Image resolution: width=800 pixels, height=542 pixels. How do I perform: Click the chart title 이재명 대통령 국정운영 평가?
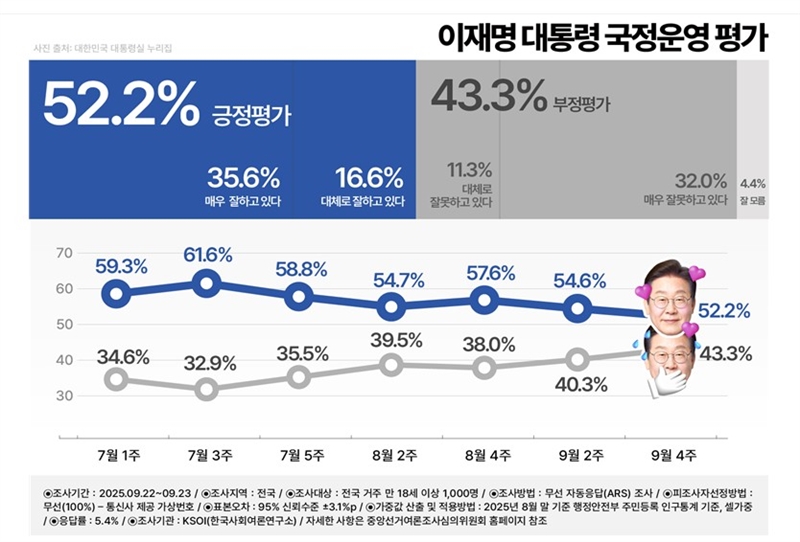pos(603,37)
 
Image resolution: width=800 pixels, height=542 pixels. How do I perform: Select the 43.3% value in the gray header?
pos(488,96)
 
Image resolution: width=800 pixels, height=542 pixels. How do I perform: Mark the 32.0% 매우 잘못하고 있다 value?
pos(699,181)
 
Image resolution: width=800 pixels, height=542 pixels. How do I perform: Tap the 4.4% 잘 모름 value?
pos(752,183)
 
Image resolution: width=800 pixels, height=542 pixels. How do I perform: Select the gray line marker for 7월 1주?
pos(117,378)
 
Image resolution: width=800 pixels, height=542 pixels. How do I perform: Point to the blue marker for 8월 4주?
pos(485,299)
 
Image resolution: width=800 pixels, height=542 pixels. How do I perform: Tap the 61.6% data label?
pos(208,256)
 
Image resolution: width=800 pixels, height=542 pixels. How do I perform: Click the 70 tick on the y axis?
pos(64,253)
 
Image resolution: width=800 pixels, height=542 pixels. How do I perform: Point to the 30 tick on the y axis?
pos(64,395)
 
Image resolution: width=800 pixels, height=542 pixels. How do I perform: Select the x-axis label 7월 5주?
pos(299,455)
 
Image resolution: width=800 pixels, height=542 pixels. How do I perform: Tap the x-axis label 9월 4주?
pos(665,455)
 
